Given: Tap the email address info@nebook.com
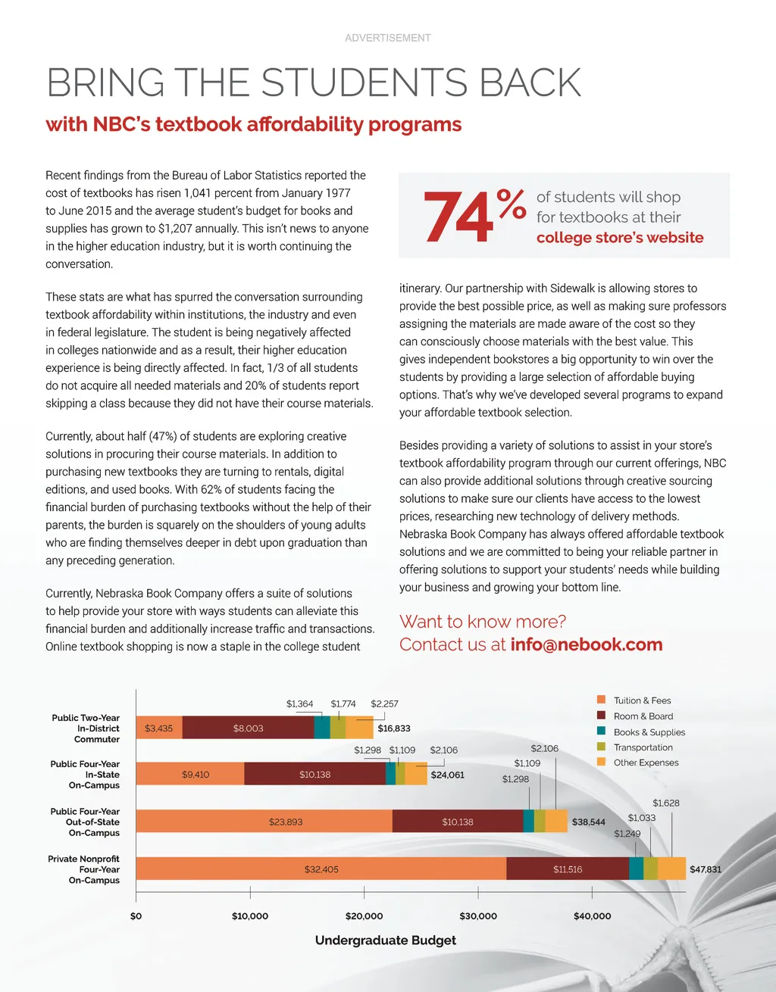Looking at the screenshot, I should (586, 644).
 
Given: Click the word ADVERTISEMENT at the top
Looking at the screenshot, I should (387, 38).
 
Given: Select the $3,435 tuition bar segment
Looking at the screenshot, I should (159, 728).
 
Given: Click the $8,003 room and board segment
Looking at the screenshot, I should (249, 728).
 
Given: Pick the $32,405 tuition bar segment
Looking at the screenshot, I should (321, 869).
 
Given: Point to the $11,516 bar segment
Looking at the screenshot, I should (568, 869).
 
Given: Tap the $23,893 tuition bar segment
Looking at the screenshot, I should (286, 822).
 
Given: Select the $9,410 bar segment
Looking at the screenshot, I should (196, 775).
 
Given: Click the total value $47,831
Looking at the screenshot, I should (705, 869).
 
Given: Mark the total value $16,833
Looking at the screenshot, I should (394, 728).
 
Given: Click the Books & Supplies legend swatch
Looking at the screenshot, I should (601, 732).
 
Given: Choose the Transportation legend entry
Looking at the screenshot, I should (643, 747).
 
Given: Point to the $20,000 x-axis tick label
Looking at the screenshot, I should (364, 916).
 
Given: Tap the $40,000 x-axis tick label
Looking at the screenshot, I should (592, 916).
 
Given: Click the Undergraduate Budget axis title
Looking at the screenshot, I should (385, 941).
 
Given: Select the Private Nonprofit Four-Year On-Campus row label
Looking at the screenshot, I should (84, 869).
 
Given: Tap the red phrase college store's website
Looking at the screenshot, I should (620, 238).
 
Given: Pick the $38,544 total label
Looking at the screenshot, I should (588, 822).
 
